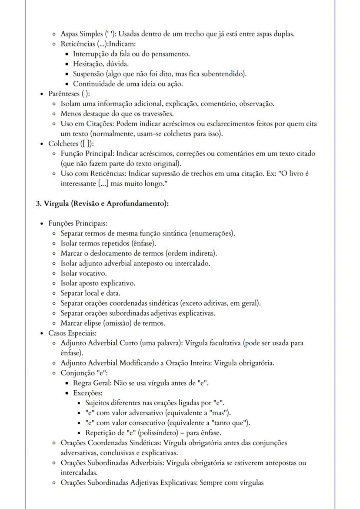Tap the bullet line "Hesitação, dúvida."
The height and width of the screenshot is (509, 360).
(95, 64)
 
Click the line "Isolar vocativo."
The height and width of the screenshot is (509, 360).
(83, 273)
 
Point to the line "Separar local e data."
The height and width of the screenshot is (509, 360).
(90, 293)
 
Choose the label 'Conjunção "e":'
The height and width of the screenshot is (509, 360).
(84, 373)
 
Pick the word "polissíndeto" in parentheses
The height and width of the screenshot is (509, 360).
(168, 432)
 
